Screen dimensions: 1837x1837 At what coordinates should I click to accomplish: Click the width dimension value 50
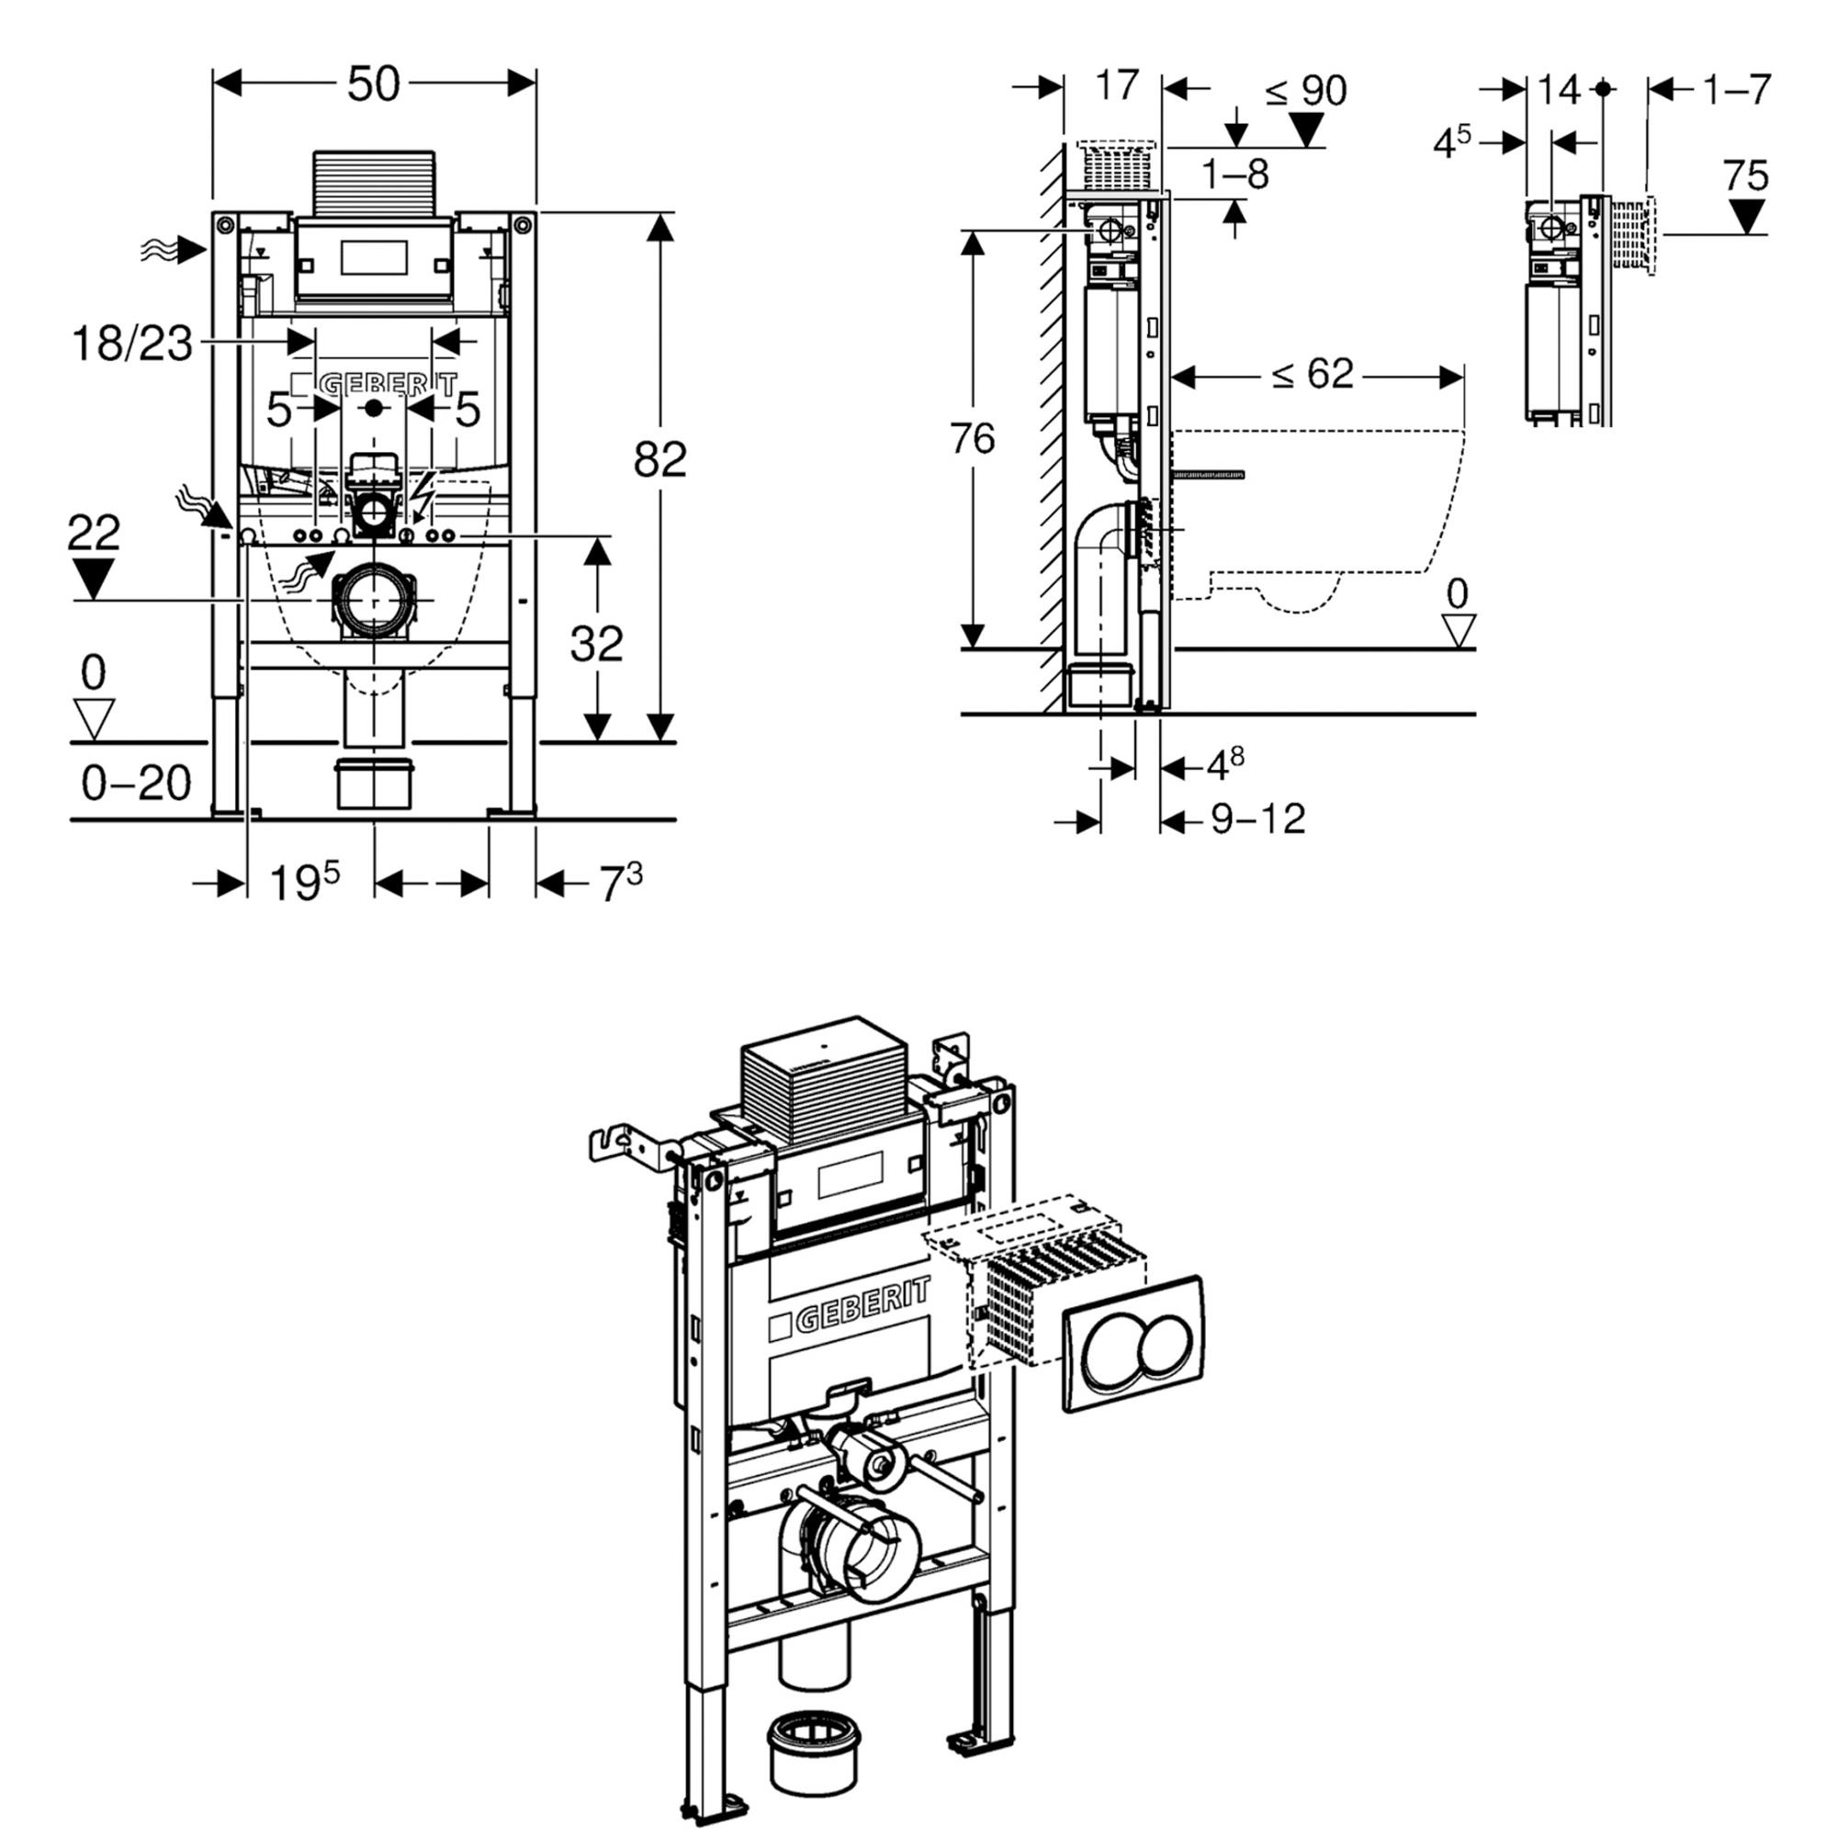point(373,85)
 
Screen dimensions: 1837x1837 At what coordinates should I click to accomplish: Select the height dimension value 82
point(659,460)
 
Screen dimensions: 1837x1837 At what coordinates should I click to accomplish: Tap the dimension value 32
point(596,644)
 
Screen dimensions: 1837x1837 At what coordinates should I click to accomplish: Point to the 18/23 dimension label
point(132,344)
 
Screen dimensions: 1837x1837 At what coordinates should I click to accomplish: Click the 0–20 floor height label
point(136,783)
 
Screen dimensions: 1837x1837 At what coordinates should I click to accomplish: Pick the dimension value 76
point(972,439)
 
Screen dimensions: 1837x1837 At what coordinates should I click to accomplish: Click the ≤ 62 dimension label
point(1313,375)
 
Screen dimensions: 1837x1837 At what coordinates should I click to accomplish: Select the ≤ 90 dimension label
point(1305,91)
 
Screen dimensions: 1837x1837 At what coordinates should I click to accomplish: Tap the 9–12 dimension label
point(1257,818)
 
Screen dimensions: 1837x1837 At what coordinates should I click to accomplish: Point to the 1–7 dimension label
point(1736,90)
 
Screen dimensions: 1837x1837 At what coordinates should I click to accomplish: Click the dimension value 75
point(1745,176)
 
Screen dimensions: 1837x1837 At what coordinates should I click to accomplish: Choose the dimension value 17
point(1116,85)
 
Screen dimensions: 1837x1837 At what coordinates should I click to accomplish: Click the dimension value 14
point(1559,90)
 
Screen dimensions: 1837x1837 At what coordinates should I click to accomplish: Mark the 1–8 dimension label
point(1235,175)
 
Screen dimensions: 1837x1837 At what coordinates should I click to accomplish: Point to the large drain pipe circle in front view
point(373,600)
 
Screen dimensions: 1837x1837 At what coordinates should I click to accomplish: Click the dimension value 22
point(93,533)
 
